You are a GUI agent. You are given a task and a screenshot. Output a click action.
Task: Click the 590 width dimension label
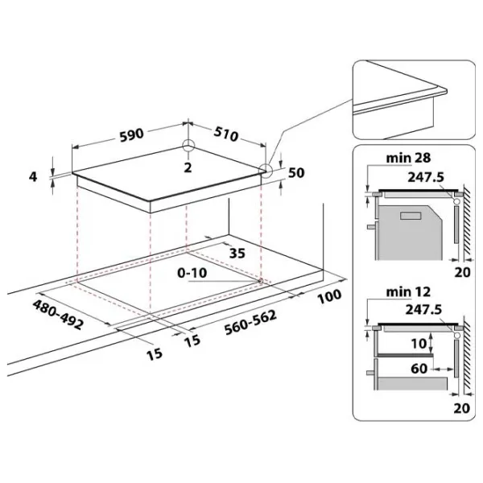(x=131, y=135)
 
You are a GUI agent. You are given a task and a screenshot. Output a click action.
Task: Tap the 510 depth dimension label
(x=226, y=134)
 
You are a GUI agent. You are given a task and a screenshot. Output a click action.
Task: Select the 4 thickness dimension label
(x=33, y=177)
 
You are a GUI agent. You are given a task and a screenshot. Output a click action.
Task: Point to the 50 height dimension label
(x=296, y=173)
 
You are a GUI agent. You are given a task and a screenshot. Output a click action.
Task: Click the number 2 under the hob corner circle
(x=188, y=167)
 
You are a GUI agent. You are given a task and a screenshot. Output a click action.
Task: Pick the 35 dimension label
(x=237, y=254)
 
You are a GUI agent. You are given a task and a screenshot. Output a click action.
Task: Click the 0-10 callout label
(x=192, y=273)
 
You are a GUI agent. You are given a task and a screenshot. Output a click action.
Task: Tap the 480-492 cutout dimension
(x=58, y=315)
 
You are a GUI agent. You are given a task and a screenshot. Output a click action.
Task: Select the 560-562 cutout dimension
(x=250, y=322)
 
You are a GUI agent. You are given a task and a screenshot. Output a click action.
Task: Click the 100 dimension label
(x=329, y=296)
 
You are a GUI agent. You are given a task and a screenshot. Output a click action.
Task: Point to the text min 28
(x=408, y=158)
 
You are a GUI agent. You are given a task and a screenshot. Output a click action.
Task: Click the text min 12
(x=408, y=291)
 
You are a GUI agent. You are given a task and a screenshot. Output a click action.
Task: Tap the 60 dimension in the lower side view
(x=419, y=369)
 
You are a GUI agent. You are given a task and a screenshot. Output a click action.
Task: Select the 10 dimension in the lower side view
(x=419, y=344)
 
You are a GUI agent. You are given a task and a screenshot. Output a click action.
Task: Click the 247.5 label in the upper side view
(x=426, y=177)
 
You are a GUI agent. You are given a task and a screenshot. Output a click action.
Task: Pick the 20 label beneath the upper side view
(x=462, y=272)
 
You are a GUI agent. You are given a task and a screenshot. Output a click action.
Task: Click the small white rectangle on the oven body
(x=411, y=216)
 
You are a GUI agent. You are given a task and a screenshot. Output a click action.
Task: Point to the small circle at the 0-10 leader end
(x=261, y=281)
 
